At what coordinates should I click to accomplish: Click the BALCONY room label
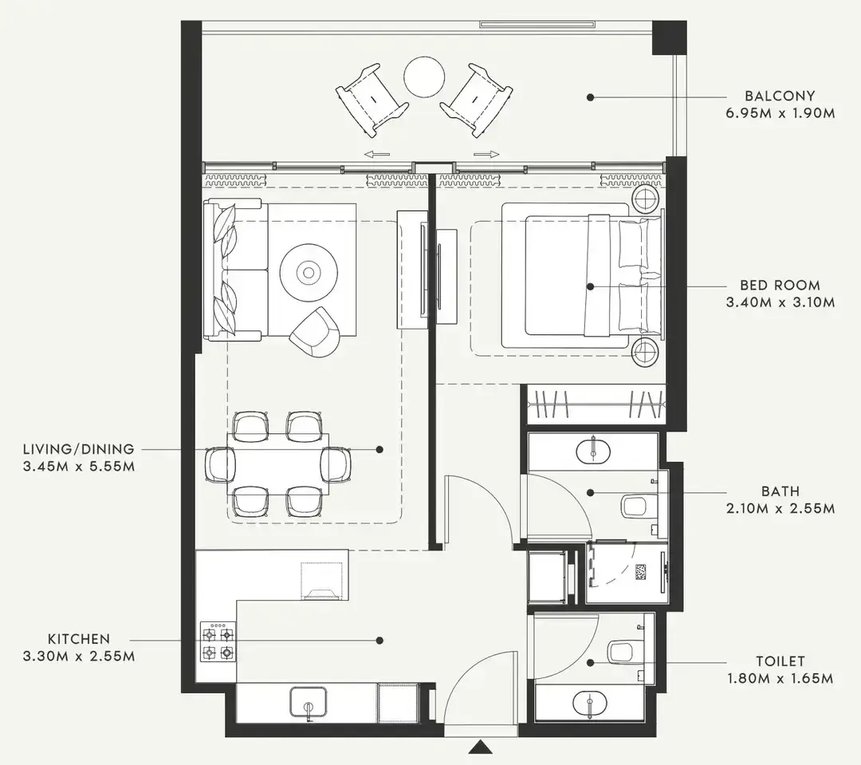click(x=780, y=96)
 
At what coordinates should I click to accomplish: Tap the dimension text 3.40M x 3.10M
click(x=780, y=302)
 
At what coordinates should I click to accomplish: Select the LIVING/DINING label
click(x=78, y=449)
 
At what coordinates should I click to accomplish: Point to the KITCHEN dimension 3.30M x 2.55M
click(x=78, y=657)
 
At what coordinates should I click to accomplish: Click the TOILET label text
click(x=780, y=661)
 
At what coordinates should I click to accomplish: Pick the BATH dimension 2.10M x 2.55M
click(x=780, y=508)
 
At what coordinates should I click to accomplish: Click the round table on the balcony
click(x=423, y=77)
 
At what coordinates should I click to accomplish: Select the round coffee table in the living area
click(x=308, y=273)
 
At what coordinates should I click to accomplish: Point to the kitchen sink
click(x=309, y=703)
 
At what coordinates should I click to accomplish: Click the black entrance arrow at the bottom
click(x=479, y=747)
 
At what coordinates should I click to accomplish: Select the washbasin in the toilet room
click(x=592, y=703)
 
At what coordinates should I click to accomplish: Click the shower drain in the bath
click(x=641, y=571)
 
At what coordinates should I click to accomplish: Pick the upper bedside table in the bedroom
click(x=646, y=197)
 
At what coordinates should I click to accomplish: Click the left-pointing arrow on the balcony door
click(x=376, y=155)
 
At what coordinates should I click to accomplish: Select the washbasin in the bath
click(x=594, y=451)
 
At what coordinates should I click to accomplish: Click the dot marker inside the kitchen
click(x=379, y=640)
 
